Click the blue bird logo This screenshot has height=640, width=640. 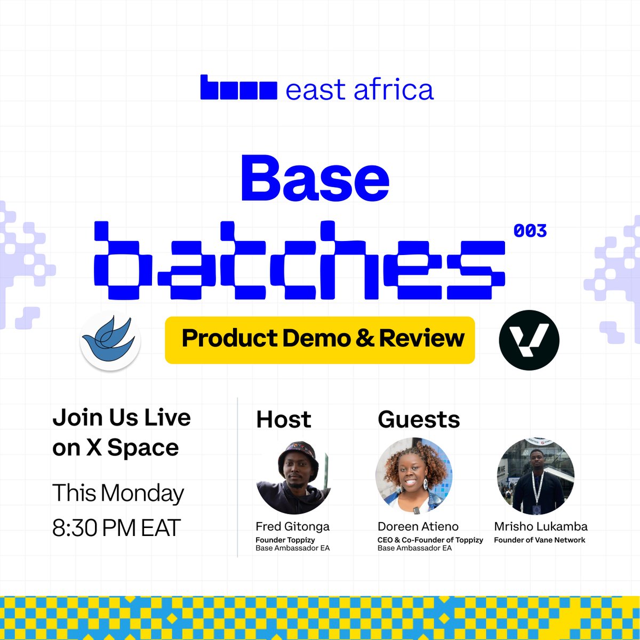110,341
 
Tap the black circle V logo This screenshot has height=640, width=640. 529,340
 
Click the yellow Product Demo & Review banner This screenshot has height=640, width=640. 320,340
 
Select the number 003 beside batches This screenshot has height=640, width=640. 530,231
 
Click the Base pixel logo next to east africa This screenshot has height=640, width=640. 238,88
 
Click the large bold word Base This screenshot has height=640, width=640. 315,179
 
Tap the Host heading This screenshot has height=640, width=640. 284,419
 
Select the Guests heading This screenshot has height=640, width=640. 419,419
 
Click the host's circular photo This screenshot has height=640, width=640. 295,476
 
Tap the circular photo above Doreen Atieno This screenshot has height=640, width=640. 414,476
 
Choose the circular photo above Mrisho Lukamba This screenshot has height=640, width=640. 535,476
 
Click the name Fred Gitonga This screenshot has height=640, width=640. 292,526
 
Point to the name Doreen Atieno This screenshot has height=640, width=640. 418,526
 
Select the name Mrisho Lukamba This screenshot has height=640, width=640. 541,526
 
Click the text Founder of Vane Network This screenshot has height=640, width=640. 540,540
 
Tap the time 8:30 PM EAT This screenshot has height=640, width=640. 117,528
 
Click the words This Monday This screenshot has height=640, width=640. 118,493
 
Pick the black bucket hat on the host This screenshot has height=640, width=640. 299,453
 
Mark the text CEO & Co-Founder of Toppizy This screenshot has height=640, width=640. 430,540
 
